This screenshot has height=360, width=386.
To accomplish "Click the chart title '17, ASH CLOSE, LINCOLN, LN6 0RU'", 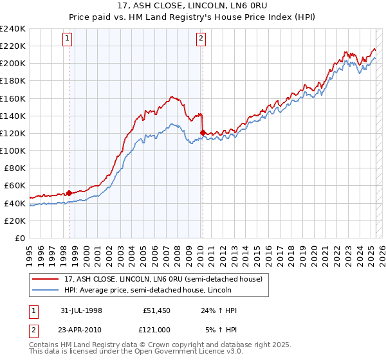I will [193, 6].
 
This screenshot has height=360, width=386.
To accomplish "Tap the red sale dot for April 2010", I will [203, 132].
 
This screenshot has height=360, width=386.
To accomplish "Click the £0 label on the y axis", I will [21, 238].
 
